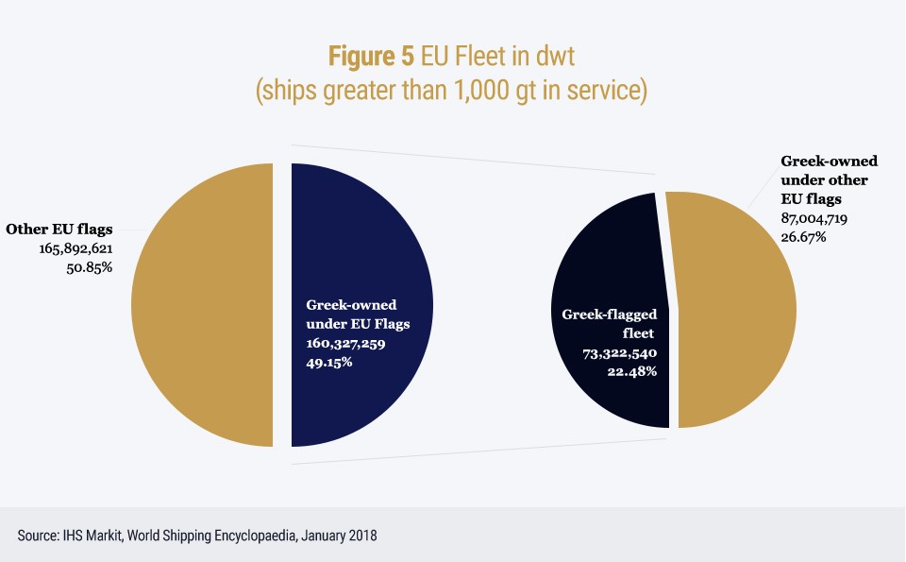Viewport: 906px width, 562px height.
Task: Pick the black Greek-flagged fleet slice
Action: pyautogui.click(x=604, y=264)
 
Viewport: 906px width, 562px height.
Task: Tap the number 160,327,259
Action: pyautogui.click(x=346, y=344)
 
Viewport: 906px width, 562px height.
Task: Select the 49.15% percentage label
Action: pyautogui.click(x=329, y=362)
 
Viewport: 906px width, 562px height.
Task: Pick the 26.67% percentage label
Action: pyautogui.click(x=804, y=236)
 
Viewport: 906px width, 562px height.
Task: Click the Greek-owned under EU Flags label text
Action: pyautogui.click(x=351, y=315)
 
